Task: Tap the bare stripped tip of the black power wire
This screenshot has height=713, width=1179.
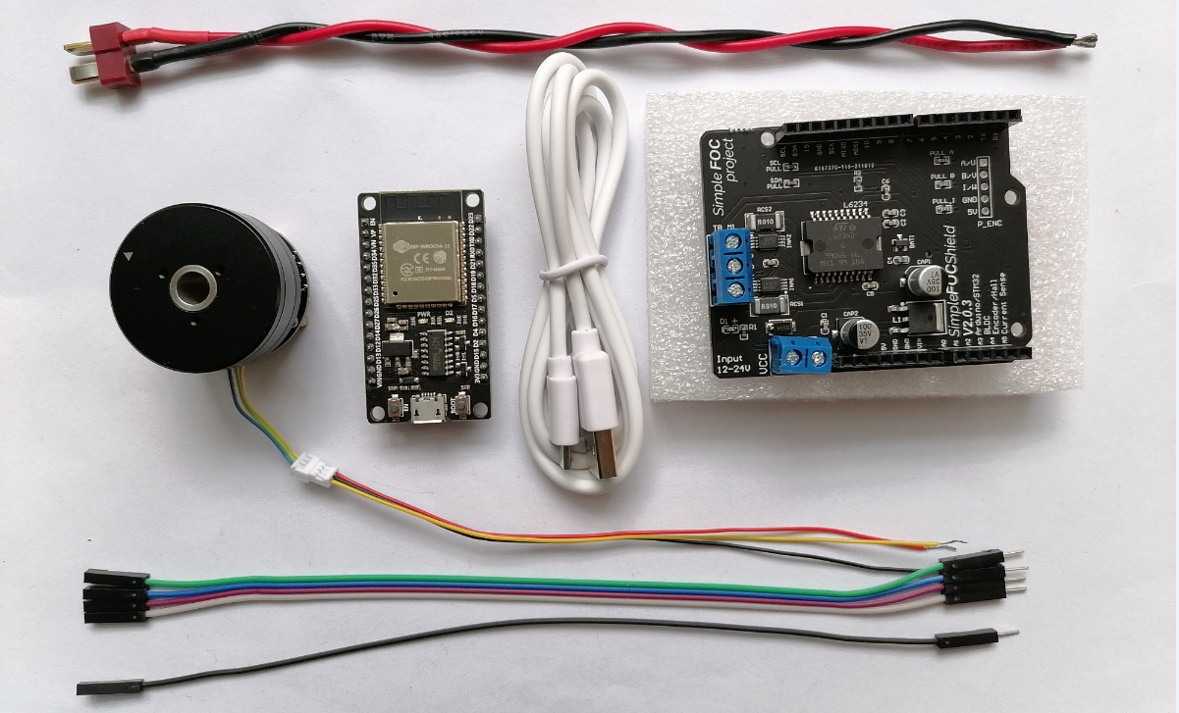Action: [1086, 41]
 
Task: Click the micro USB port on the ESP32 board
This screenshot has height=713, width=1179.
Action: [426, 411]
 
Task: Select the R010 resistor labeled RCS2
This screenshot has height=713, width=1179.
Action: [767, 222]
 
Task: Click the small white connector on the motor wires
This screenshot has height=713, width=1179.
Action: [314, 464]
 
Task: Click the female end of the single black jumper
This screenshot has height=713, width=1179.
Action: [110, 686]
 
